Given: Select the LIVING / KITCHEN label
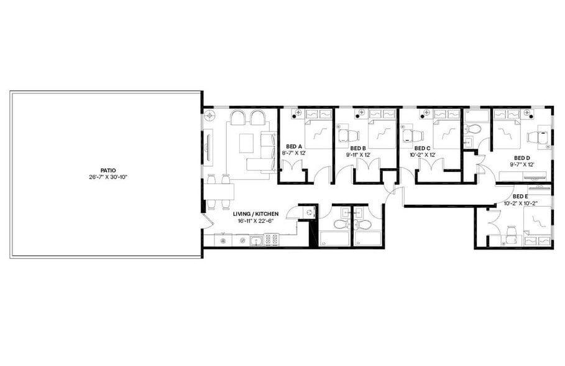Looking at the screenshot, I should tap(255, 213).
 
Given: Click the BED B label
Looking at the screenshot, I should tap(359, 148).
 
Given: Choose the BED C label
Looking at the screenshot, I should tap(423, 148).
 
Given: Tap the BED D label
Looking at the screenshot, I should tap(522, 158).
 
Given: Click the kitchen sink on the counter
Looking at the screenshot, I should tap(254, 240).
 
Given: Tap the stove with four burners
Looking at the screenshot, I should tap(271, 238).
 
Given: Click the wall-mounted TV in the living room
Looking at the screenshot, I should tap(209, 146).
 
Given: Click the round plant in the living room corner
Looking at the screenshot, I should tap(210, 116).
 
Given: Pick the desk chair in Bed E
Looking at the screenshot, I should tap(512, 233).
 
